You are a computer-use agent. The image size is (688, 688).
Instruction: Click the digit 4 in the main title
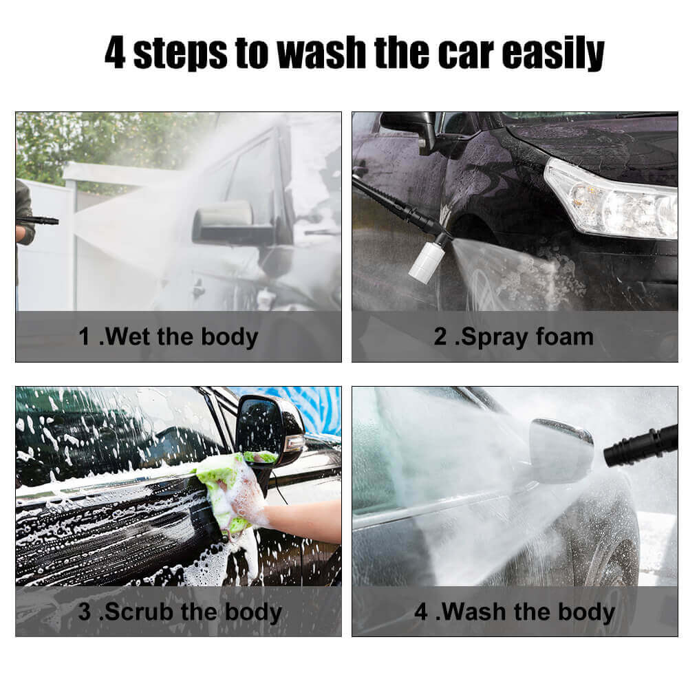115,52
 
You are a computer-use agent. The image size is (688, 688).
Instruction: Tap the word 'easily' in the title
553,54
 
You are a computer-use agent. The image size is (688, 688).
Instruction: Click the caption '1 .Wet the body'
168,337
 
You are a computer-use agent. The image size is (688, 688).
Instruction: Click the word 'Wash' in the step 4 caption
474,611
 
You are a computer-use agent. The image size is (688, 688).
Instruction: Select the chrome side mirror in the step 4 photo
561,450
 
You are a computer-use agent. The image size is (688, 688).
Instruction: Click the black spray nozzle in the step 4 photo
641,445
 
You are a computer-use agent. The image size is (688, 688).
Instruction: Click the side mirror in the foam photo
409,130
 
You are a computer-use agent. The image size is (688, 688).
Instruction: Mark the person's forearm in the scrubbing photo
303,521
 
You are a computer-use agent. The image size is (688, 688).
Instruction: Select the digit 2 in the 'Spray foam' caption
440,336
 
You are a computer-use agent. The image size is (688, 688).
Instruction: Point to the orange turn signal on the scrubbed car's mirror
294,443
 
